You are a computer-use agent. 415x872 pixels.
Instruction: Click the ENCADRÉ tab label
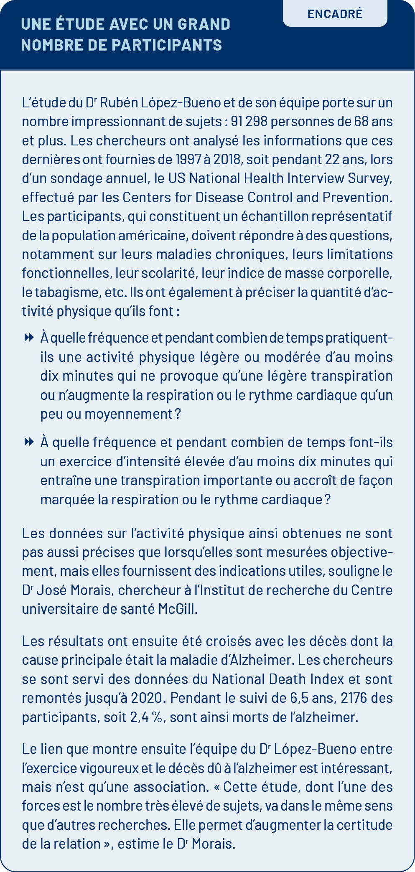(x=335, y=14)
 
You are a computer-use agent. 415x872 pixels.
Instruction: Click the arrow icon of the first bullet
(x=29, y=337)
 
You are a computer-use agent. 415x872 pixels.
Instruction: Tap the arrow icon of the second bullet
(x=29, y=442)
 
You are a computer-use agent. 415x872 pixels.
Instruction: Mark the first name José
(x=51, y=590)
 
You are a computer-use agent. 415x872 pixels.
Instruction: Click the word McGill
(x=177, y=609)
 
